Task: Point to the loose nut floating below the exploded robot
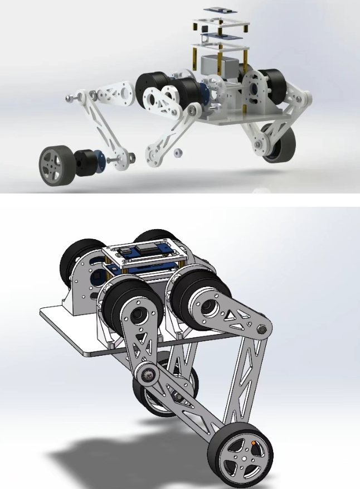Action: click(x=180, y=152)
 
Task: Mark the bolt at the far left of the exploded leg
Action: click(x=69, y=99)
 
